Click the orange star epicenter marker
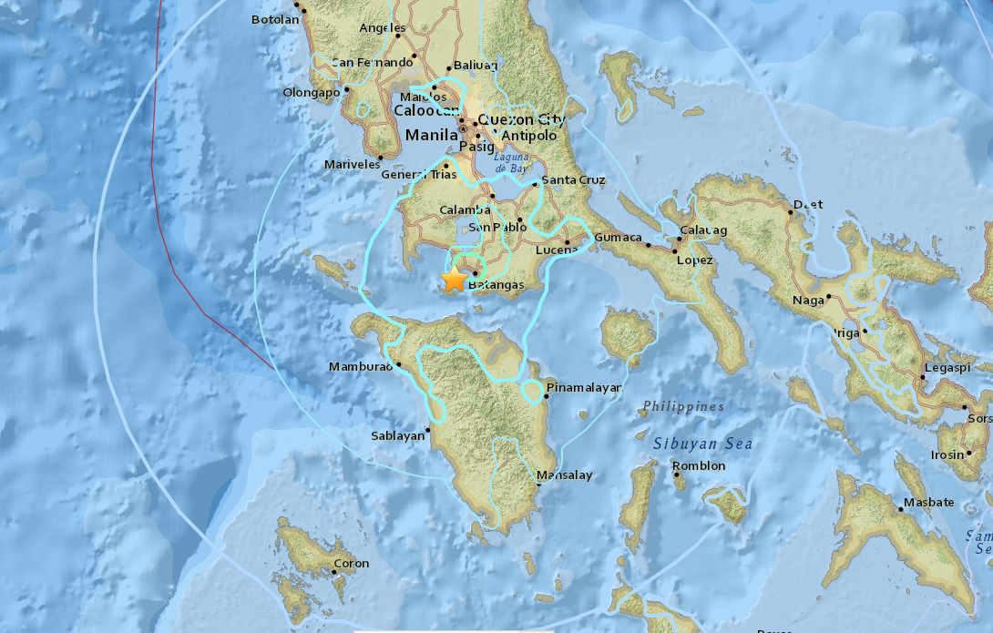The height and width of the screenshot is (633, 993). coord(454,280)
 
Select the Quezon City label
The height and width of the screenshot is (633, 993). coord(521,119)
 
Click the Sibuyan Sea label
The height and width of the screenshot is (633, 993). coord(702,444)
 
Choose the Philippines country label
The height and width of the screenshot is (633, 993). coord(682,406)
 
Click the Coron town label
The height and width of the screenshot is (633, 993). coord(352,563)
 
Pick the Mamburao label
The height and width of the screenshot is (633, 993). coord(360,367)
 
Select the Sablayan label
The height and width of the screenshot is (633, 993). coord(398,435)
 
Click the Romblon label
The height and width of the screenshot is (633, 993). coord(700,466)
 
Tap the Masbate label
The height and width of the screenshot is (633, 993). coord(929,503)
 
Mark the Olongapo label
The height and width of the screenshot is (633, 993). coord(311,92)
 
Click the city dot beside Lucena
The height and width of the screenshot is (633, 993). coord(567,243)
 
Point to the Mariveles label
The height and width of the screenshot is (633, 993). coord(352,165)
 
